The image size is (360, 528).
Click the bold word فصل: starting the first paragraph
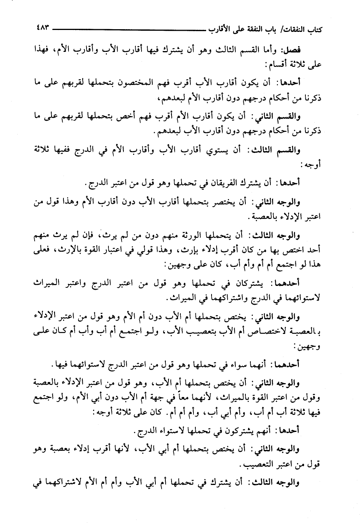pos(311,50)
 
